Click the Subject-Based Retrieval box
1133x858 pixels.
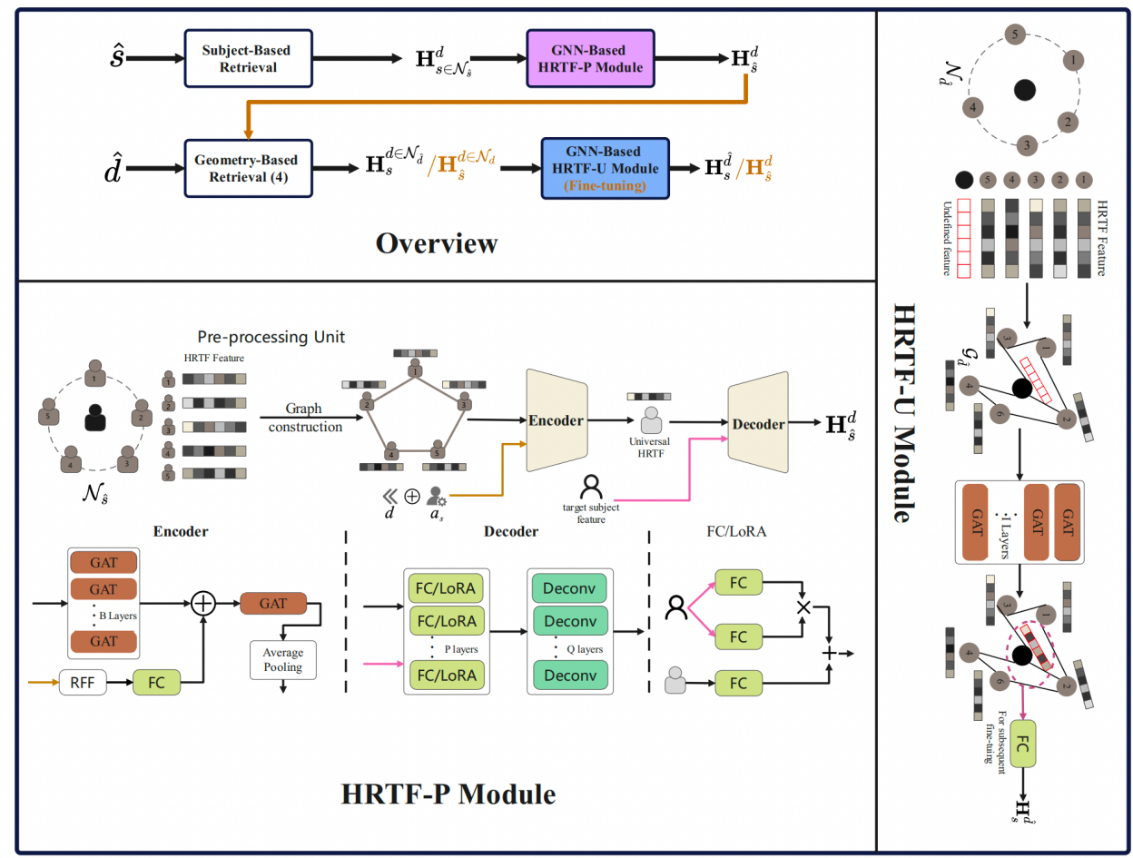(241, 58)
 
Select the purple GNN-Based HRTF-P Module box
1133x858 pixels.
(589, 57)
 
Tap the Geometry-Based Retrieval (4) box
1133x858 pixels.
(250, 167)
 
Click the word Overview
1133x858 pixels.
(438, 243)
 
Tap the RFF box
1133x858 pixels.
(84, 681)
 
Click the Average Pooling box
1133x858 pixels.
(284, 661)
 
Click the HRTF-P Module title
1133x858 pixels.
(448, 794)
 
